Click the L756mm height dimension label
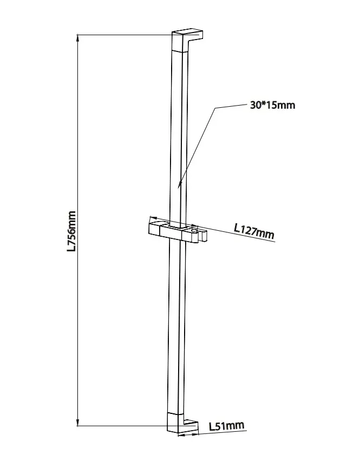click(x=71, y=231)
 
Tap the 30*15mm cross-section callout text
click(x=273, y=105)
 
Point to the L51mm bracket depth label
click(x=227, y=426)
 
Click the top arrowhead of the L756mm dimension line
click(x=77, y=37)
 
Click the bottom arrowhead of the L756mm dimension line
click(x=77, y=423)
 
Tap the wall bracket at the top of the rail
click(x=187, y=40)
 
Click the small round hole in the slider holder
click(x=194, y=231)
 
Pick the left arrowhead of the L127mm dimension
click(x=152, y=217)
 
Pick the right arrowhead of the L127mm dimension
click(x=195, y=225)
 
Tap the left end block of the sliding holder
click(x=154, y=228)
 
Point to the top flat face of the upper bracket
click(x=187, y=31)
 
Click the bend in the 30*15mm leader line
click(x=215, y=108)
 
